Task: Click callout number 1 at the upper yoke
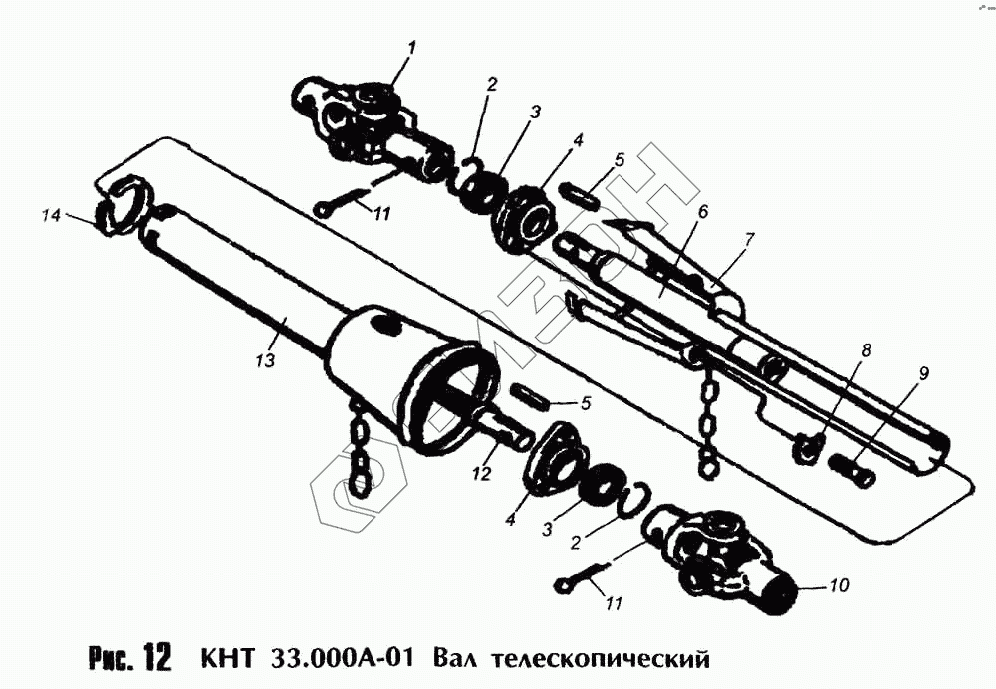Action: [x=411, y=47]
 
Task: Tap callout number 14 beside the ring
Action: [x=52, y=216]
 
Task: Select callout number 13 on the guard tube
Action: [x=266, y=360]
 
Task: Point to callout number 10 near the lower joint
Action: [x=839, y=584]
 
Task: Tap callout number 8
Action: [x=867, y=350]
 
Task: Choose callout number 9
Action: [x=924, y=374]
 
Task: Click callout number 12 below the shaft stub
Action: [x=482, y=473]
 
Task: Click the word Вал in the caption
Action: [x=451, y=658]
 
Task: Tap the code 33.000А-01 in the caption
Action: [x=343, y=658]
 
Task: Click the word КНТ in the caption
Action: [x=228, y=658]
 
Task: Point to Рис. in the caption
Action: [x=112, y=659]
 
